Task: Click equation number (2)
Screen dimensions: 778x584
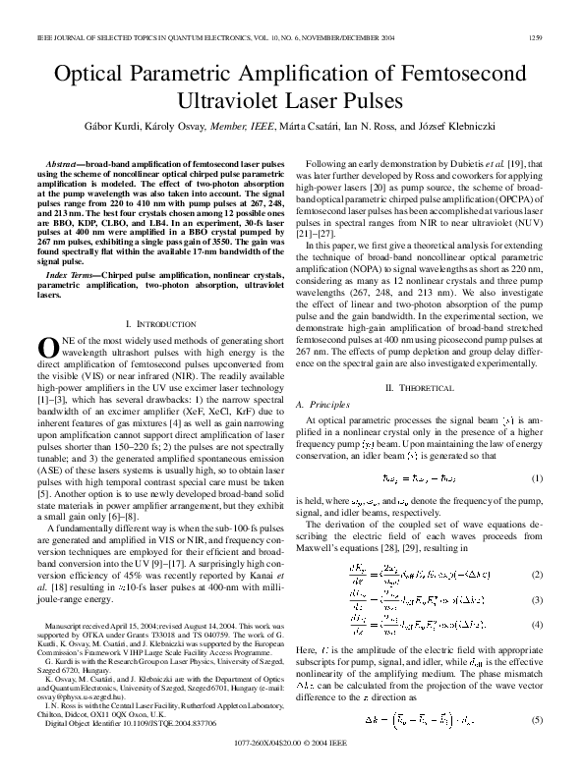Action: (x=537, y=574)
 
